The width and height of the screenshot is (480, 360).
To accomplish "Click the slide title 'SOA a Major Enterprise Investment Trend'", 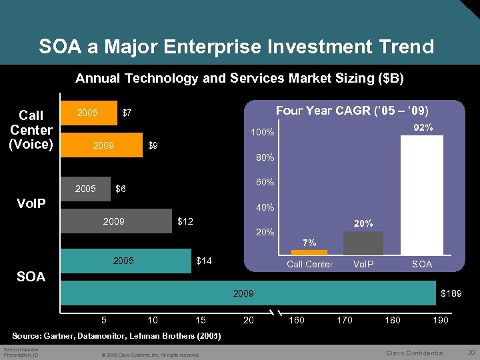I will pyautogui.click(x=236, y=47).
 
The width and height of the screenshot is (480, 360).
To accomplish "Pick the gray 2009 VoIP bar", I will pyautogui.click(x=116, y=221).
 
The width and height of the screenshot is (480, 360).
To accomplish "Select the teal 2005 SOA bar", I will pyautogui.click(x=126, y=261).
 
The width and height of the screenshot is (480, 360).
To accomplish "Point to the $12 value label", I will pyautogui.click(x=185, y=221).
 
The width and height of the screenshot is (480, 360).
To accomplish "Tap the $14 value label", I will pyautogui.click(x=204, y=261).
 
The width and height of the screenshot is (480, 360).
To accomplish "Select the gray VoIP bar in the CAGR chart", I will pyautogui.click(x=363, y=243).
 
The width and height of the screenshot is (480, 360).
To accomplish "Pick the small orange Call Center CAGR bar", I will pyautogui.click(x=309, y=253).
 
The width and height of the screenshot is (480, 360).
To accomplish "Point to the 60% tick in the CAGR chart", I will pyautogui.click(x=265, y=183).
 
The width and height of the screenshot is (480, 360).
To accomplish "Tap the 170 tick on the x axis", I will pyautogui.click(x=345, y=321).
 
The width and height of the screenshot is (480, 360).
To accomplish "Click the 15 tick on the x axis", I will pyautogui.click(x=200, y=321).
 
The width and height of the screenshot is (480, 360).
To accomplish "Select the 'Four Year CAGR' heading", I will pyautogui.click(x=352, y=110).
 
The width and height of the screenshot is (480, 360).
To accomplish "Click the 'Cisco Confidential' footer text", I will pyautogui.click(x=415, y=353).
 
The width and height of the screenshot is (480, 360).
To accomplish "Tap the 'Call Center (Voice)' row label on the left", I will pyautogui.click(x=31, y=130).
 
